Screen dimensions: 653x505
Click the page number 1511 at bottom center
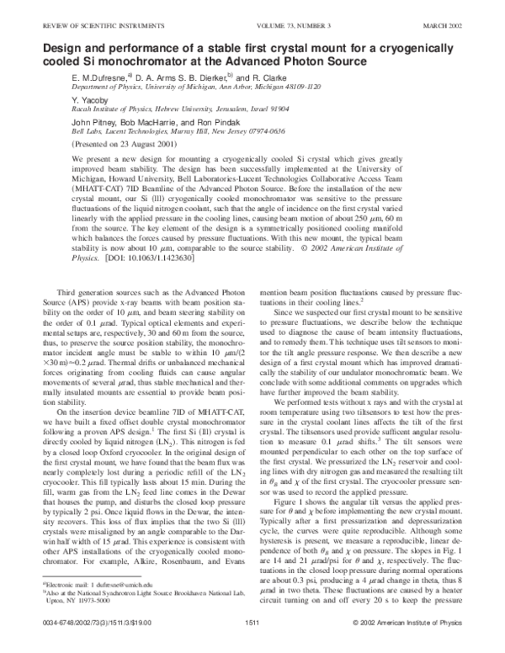click(x=251, y=645)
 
